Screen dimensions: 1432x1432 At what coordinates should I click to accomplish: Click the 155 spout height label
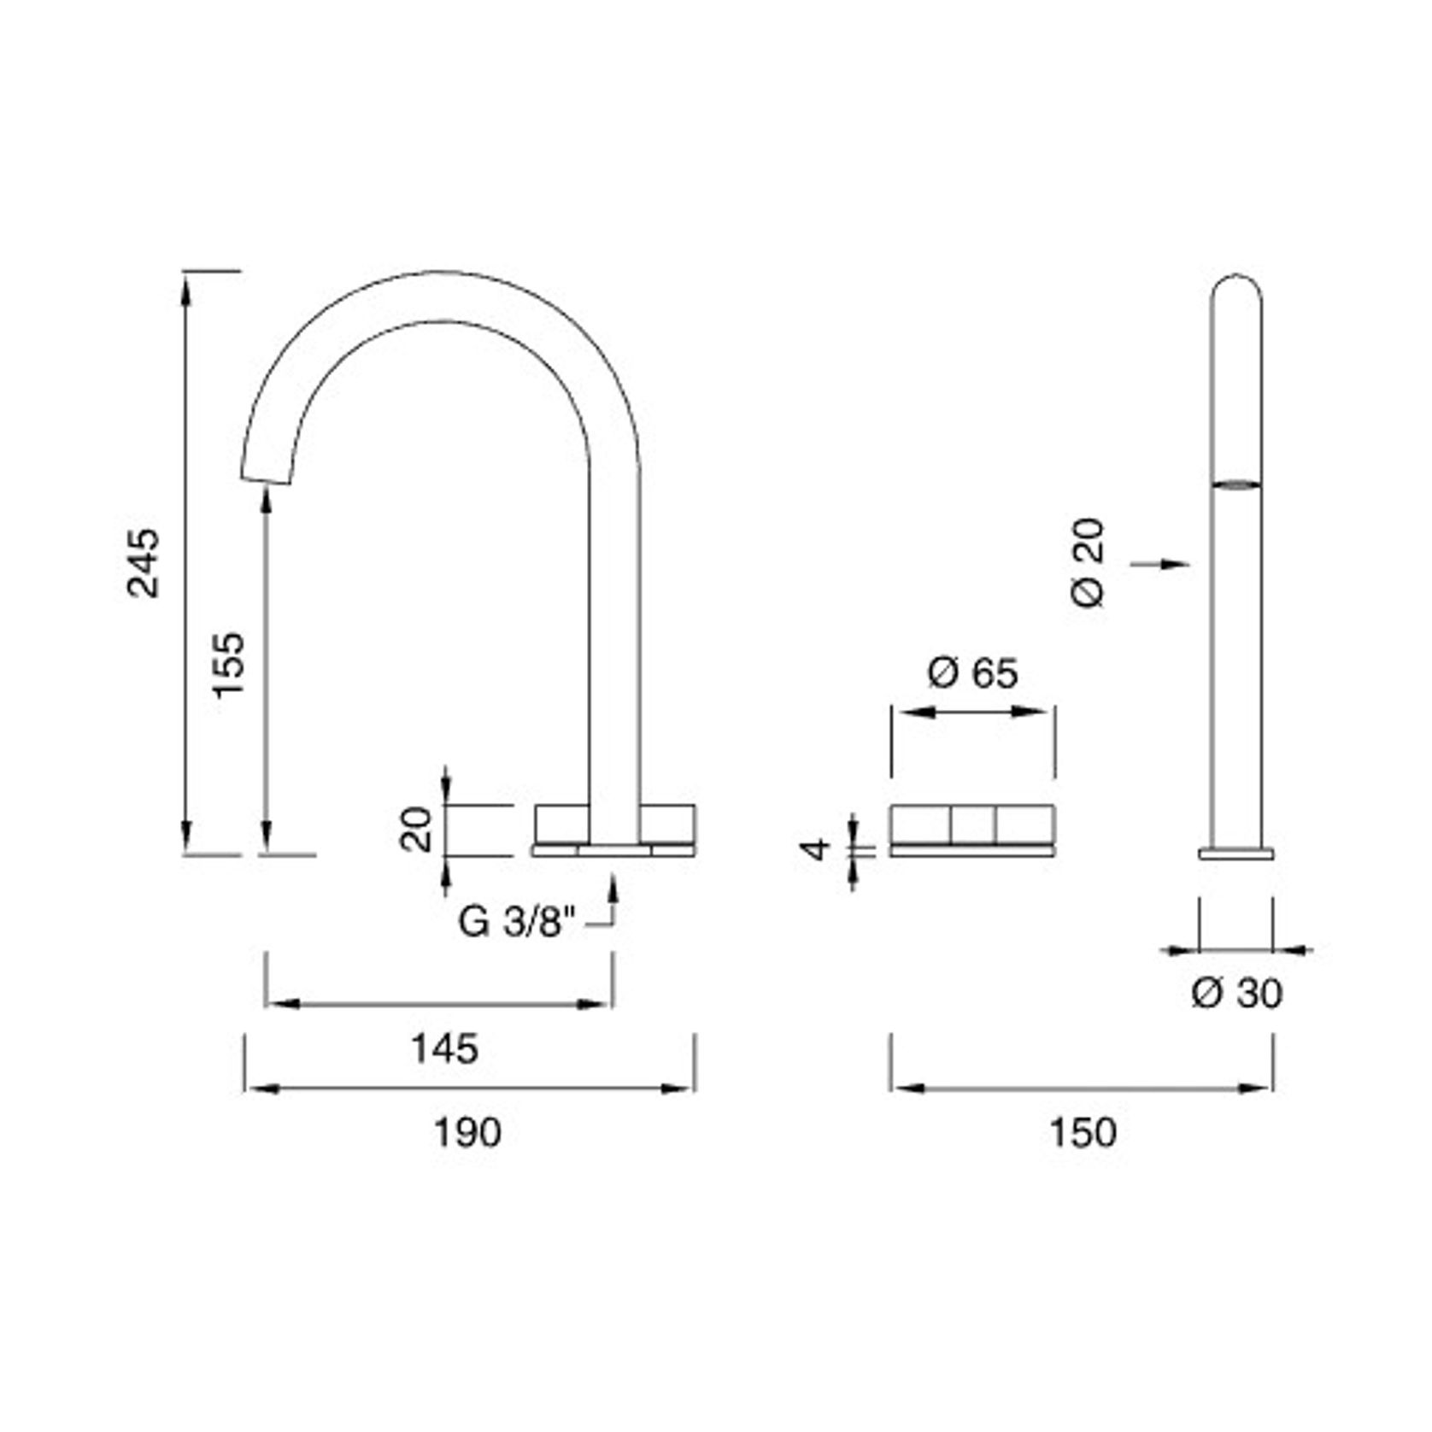pyautogui.click(x=228, y=665)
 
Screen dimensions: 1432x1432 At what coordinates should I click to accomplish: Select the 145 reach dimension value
pyautogui.click(x=445, y=1049)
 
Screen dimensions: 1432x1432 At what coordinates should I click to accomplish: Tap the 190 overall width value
pyautogui.click(x=468, y=1133)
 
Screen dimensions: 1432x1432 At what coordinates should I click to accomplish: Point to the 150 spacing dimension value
pyautogui.click(x=1083, y=1133)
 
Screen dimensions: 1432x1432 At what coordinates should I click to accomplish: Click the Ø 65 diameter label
pyautogui.click(x=972, y=673)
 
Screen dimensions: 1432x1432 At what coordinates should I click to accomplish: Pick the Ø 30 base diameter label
pyautogui.click(x=1236, y=993)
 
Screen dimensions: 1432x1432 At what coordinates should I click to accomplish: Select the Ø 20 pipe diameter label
pyautogui.click(x=1089, y=562)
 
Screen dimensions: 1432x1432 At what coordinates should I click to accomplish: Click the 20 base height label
pyautogui.click(x=418, y=829)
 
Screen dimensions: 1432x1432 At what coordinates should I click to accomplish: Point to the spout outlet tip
pyautogui.click(x=267, y=479)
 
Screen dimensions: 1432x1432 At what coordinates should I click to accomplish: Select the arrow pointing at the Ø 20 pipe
pyautogui.click(x=1163, y=564)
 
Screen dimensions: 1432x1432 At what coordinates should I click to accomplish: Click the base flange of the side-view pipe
pyautogui.click(x=1236, y=853)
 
